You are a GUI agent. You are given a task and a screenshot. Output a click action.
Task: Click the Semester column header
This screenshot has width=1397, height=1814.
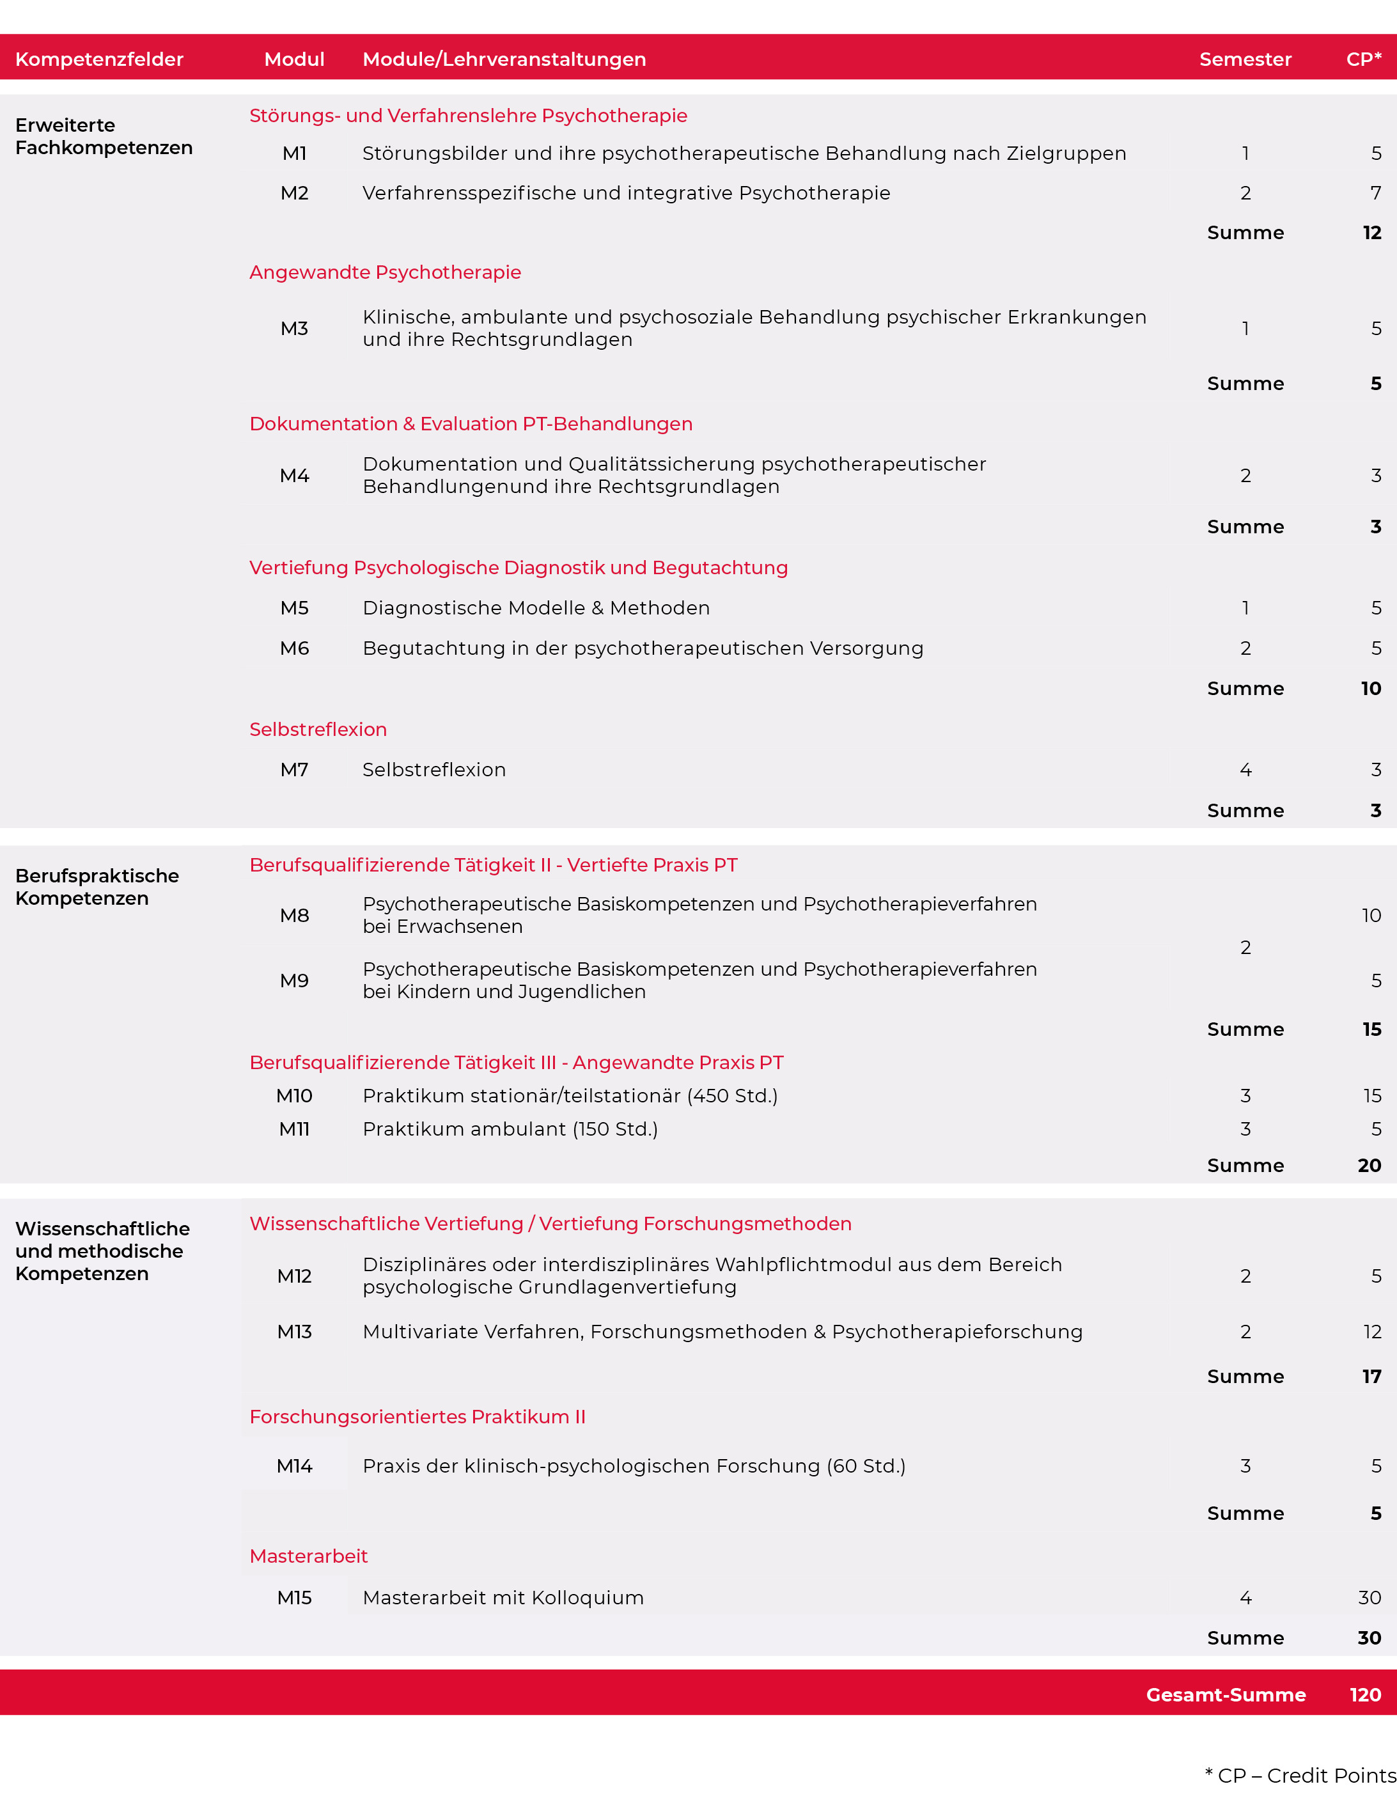(x=1245, y=59)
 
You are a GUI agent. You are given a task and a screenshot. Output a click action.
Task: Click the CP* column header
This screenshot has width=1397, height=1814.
(x=1363, y=59)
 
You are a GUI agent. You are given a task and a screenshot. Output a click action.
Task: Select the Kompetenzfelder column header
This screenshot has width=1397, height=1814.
(x=99, y=59)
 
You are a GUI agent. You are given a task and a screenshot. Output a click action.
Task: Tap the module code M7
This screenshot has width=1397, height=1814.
(x=294, y=770)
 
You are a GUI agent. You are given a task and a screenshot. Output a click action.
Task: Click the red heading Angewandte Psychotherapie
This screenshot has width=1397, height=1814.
(x=386, y=272)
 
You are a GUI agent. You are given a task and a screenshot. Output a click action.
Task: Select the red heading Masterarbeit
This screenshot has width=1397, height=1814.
(x=308, y=1556)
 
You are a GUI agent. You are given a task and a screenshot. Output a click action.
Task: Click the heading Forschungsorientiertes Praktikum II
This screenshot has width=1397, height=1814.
(x=418, y=1416)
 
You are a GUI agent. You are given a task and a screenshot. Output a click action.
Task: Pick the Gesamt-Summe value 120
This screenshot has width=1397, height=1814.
(x=1364, y=1694)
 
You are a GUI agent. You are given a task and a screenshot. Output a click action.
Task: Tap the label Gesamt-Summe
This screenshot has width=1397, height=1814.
(x=1225, y=1694)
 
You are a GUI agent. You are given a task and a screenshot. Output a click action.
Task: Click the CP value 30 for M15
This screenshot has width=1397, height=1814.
(x=1369, y=1597)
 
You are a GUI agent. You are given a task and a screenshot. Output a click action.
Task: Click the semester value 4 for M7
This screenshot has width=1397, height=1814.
(x=1245, y=770)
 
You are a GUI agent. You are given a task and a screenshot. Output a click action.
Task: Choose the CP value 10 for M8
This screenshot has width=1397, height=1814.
(x=1370, y=915)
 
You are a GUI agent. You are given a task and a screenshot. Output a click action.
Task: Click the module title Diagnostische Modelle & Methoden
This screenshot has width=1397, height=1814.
(x=536, y=608)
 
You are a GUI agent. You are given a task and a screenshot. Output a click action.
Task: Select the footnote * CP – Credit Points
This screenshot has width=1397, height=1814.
(x=1300, y=1775)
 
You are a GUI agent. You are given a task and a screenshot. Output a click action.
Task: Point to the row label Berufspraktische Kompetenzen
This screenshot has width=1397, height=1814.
(x=97, y=886)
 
